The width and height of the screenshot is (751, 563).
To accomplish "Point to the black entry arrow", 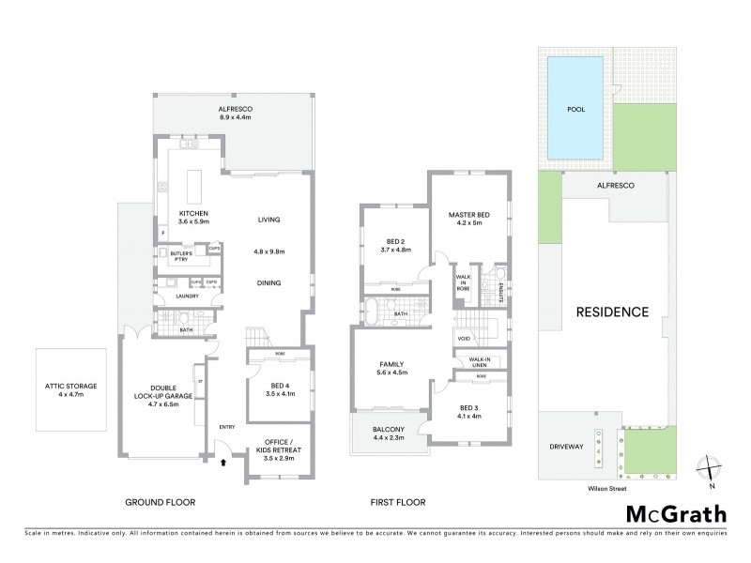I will [222, 462].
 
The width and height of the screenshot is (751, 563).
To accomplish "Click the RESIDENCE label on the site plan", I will [612, 312].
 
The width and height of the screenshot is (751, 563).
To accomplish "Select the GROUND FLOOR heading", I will [161, 503].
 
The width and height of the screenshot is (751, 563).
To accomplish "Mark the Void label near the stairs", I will [464, 338].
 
